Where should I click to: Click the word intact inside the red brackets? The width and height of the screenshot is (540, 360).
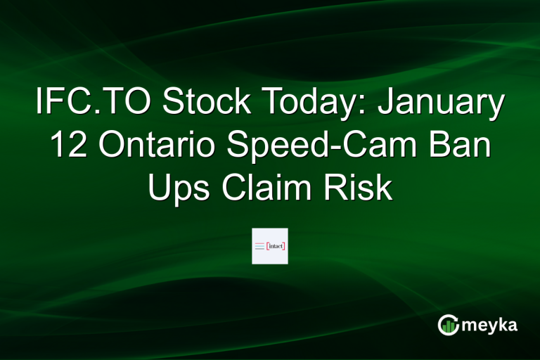click(276, 246)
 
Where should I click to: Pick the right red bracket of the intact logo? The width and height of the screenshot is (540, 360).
click(284, 246)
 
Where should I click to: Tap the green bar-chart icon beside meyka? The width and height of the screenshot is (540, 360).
click(449, 325)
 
